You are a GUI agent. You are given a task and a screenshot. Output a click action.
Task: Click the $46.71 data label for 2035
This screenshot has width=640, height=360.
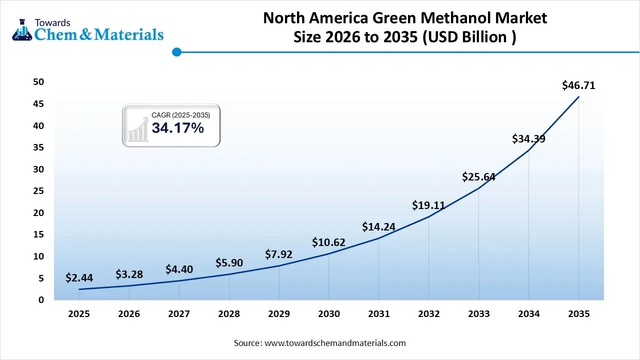click(578, 85)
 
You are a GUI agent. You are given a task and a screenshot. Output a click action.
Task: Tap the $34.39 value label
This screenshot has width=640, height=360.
click(528, 139)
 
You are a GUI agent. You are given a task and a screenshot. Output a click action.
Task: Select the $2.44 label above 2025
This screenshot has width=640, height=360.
click(79, 278)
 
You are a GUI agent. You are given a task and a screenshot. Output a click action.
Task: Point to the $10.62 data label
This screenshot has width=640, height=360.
click(328, 242)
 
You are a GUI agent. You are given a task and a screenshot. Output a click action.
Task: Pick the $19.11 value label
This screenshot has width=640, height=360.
click(428, 205)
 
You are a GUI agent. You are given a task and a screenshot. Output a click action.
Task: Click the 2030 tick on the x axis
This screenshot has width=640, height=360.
click(328, 314)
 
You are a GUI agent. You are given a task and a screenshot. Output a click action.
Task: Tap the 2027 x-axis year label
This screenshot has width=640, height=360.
click(178, 314)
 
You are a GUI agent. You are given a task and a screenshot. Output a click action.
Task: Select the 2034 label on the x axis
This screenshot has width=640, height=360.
click(528, 314)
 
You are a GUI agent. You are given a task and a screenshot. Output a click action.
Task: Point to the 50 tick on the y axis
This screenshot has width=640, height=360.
click(38, 82)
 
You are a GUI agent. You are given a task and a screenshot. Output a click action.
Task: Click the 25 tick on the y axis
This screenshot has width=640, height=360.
click(38, 191)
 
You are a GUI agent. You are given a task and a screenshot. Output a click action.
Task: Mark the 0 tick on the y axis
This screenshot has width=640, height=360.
click(41, 300)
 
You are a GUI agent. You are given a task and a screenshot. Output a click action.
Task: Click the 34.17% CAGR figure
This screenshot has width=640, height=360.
click(177, 128)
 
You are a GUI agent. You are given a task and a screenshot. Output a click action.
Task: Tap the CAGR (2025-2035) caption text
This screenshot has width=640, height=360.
click(180, 115)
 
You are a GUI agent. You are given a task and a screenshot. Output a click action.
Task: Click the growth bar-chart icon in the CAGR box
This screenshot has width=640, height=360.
click(138, 130)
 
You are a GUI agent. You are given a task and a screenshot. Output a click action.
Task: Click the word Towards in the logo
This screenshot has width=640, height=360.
click(52, 22)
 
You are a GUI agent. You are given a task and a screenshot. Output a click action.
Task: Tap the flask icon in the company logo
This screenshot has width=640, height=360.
click(22, 30)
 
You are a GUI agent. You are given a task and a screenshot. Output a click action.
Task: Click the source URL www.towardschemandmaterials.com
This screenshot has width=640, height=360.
click(334, 343)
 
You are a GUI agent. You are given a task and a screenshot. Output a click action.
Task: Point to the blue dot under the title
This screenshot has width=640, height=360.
click(176, 51)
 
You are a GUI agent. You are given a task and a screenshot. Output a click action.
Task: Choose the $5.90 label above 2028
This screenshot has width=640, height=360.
click(228, 262)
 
